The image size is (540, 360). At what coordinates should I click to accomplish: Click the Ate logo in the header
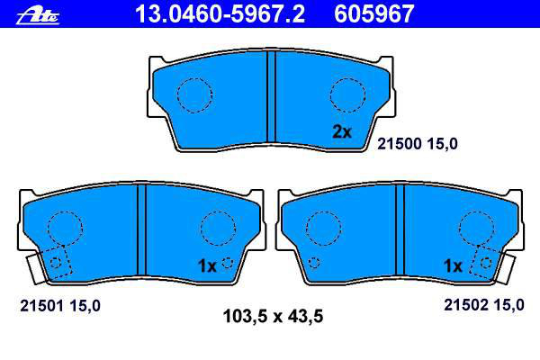pyautogui.click(x=38, y=16)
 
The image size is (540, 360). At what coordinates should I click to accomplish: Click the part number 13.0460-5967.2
pyautogui.click(x=220, y=13)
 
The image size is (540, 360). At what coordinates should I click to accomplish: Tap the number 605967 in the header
pyautogui.click(x=374, y=13)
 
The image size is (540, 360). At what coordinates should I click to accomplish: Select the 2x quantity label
pyautogui.click(x=342, y=131)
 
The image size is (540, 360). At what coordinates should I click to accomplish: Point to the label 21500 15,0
pyautogui.click(x=418, y=144)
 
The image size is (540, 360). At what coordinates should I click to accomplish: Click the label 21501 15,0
pyautogui.click(x=60, y=306)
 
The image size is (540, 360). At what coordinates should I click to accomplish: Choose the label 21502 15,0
pyautogui.click(x=484, y=305)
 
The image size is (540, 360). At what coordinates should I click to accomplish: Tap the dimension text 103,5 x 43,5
pyautogui.click(x=273, y=316)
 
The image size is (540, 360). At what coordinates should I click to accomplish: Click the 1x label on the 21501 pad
pyautogui.click(x=207, y=266)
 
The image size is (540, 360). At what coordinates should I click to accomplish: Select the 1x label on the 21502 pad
pyautogui.click(x=453, y=265)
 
